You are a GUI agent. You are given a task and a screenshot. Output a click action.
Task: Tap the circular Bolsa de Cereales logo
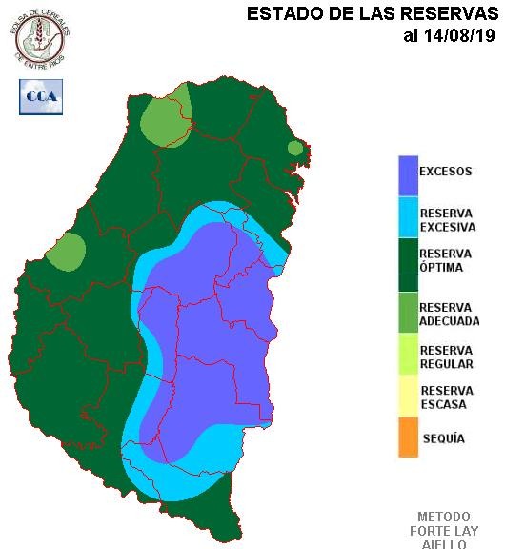(40, 36)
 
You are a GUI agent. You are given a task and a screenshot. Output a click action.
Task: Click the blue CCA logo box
(41, 96)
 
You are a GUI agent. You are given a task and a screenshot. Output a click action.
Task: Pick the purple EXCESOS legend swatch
(408, 173)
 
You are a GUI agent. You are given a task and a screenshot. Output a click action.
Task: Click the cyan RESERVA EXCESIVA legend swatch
(408, 218)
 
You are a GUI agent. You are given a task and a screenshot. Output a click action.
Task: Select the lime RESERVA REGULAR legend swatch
(408, 356)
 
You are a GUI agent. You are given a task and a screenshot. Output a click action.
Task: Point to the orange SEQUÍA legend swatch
(408, 437)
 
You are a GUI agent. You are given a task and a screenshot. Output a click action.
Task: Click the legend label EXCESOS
(446, 173)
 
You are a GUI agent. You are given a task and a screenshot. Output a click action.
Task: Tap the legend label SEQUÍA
(443, 438)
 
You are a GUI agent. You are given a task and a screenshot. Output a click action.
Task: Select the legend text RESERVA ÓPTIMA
(446, 260)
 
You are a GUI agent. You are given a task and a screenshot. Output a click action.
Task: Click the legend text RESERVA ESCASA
(446, 397)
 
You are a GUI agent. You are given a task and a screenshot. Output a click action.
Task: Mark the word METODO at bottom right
(444, 517)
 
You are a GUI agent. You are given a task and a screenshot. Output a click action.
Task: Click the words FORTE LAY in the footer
(444, 531)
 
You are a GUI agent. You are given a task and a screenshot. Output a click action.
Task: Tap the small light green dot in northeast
(295, 148)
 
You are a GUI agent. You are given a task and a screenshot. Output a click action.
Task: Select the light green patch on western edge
(66, 252)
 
